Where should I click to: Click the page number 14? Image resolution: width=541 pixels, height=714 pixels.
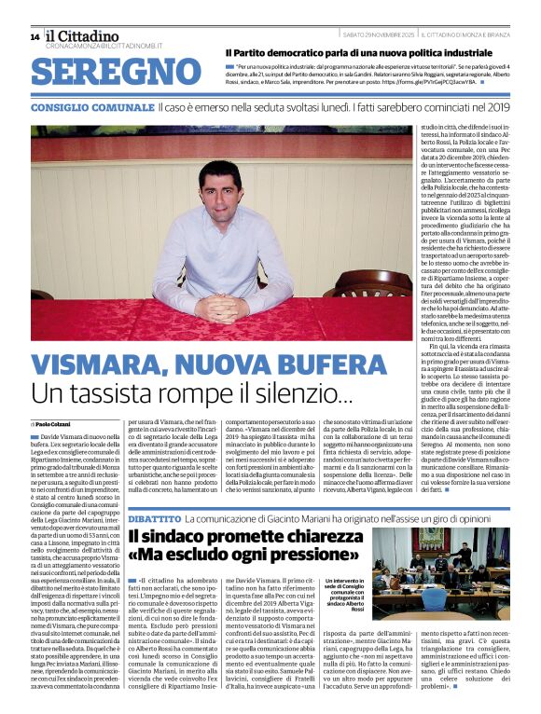pyautogui.click(x=35, y=37)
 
